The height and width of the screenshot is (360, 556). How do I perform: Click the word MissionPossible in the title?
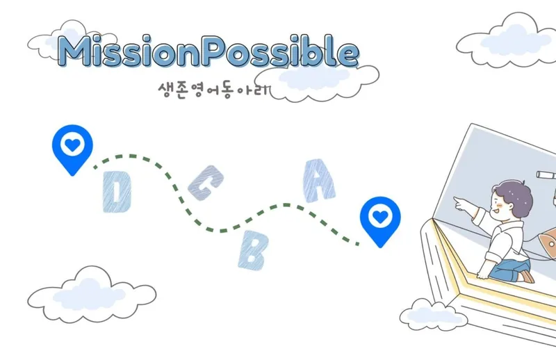[x=208, y=51]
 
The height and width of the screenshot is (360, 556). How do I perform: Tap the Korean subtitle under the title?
[x=213, y=91]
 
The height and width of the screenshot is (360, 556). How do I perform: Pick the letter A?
[x=317, y=180]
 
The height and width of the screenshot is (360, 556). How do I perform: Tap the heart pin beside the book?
[x=379, y=220]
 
